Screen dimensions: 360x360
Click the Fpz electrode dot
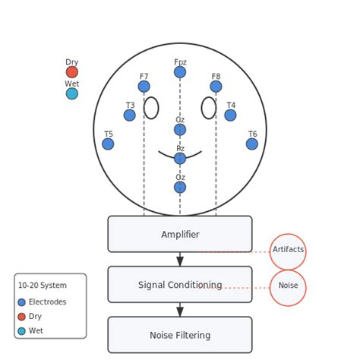[180, 72]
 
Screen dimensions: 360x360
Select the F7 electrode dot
[144, 87]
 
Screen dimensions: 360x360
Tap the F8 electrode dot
[216, 87]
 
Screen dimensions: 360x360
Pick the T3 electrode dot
[130, 115]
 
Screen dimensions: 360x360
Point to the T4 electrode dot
[230, 115]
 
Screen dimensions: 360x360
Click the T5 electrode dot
[108, 144]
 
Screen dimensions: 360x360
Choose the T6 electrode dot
[252, 144]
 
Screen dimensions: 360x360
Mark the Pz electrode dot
[180, 159]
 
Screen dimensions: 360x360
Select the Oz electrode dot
[180, 188]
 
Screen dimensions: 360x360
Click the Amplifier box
[180, 234]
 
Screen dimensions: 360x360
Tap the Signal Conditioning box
[180, 285]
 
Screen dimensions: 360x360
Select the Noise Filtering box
[180, 335]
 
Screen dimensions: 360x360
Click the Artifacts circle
[288, 251]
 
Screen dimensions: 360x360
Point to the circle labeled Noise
[288, 288]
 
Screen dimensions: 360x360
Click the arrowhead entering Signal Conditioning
[180, 261]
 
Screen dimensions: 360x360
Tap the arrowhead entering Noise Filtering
[180, 311]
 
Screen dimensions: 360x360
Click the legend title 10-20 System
[42, 286]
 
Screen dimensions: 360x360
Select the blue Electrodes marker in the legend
[21, 302]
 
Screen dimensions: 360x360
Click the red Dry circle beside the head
[71, 72]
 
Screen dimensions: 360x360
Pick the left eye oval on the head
[151, 108]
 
